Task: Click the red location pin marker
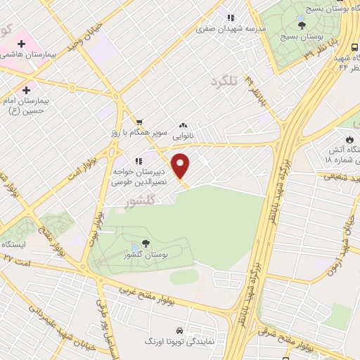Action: click(181, 166)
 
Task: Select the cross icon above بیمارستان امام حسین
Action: click(26, 90)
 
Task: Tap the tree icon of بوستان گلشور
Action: click(146, 243)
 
